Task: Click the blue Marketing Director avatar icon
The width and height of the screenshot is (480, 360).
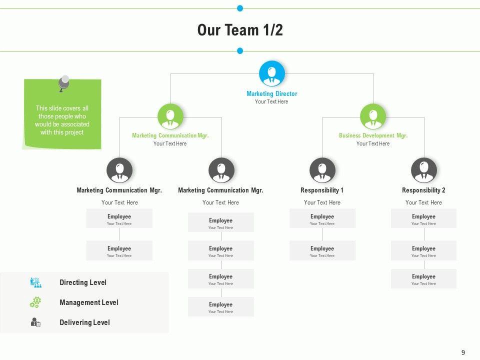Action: pyautogui.click(x=272, y=74)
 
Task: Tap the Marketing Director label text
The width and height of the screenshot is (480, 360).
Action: pyautogui.click(x=271, y=93)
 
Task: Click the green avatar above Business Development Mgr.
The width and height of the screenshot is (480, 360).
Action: pyautogui.click(x=373, y=116)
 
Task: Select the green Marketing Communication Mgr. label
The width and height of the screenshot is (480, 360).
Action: pyautogui.click(x=170, y=135)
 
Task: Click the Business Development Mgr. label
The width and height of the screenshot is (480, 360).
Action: pyautogui.click(x=373, y=135)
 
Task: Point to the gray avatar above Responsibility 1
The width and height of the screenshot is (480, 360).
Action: pyautogui.click(x=322, y=170)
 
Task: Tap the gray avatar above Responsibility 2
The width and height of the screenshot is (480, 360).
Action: pyautogui.click(x=423, y=170)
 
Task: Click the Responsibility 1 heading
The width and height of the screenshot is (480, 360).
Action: pyautogui.click(x=322, y=190)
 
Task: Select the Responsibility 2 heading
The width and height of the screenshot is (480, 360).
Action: pyautogui.click(x=423, y=190)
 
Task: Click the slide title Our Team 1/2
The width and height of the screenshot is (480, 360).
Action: pyautogui.click(x=240, y=30)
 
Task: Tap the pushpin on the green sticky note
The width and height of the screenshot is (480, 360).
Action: pyautogui.click(x=63, y=83)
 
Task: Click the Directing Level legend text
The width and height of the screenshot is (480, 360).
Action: pyautogui.click(x=83, y=282)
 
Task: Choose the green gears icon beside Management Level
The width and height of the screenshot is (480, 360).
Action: pyautogui.click(x=35, y=302)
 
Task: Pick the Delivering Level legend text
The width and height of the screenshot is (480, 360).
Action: pyautogui.click(x=84, y=322)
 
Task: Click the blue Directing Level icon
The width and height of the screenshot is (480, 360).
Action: pyautogui.click(x=35, y=282)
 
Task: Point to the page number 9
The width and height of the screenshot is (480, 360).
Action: pyautogui.click(x=463, y=352)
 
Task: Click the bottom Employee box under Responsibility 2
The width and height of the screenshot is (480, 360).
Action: pyautogui.click(x=423, y=279)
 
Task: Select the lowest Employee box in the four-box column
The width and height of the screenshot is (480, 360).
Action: pyautogui.click(x=220, y=307)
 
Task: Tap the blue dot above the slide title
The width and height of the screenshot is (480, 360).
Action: pyautogui.click(x=240, y=8)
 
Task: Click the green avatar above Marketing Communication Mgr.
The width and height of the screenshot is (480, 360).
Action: pyautogui.click(x=170, y=116)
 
